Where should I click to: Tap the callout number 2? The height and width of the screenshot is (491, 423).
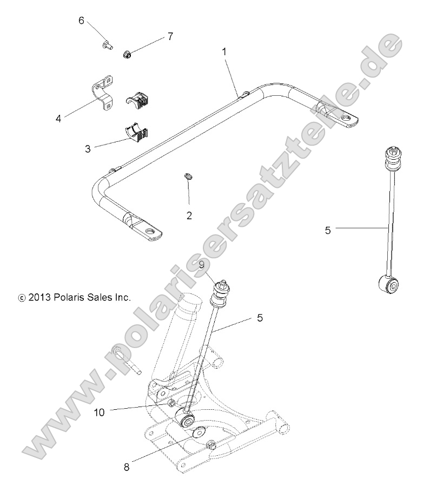[x=189, y=215]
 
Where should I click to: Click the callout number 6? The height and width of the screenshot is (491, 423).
[x=82, y=21]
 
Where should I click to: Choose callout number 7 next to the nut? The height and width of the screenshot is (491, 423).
[x=170, y=36]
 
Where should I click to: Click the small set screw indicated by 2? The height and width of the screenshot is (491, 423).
[x=189, y=176]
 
